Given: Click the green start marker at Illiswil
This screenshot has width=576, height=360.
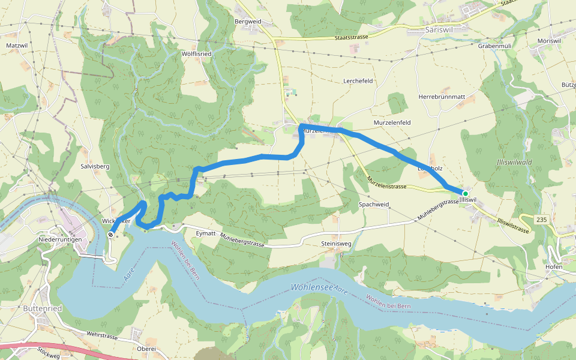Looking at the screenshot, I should [465, 193].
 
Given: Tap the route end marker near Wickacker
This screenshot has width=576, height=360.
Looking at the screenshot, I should [111, 235].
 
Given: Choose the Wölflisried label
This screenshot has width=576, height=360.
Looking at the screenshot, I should [196, 53].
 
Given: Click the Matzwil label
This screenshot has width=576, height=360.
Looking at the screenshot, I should [17, 45].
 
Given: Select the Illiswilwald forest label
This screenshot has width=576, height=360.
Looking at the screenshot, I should [514, 163].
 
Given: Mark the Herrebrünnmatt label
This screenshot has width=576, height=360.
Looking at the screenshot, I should [442, 97].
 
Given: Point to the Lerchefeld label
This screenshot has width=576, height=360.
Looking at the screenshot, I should [358, 80].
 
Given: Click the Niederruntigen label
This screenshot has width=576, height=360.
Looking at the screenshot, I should [59, 239].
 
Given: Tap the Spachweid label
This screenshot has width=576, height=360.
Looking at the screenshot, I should [374, 205].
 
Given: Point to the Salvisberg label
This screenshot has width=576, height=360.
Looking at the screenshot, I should [95, 166].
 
